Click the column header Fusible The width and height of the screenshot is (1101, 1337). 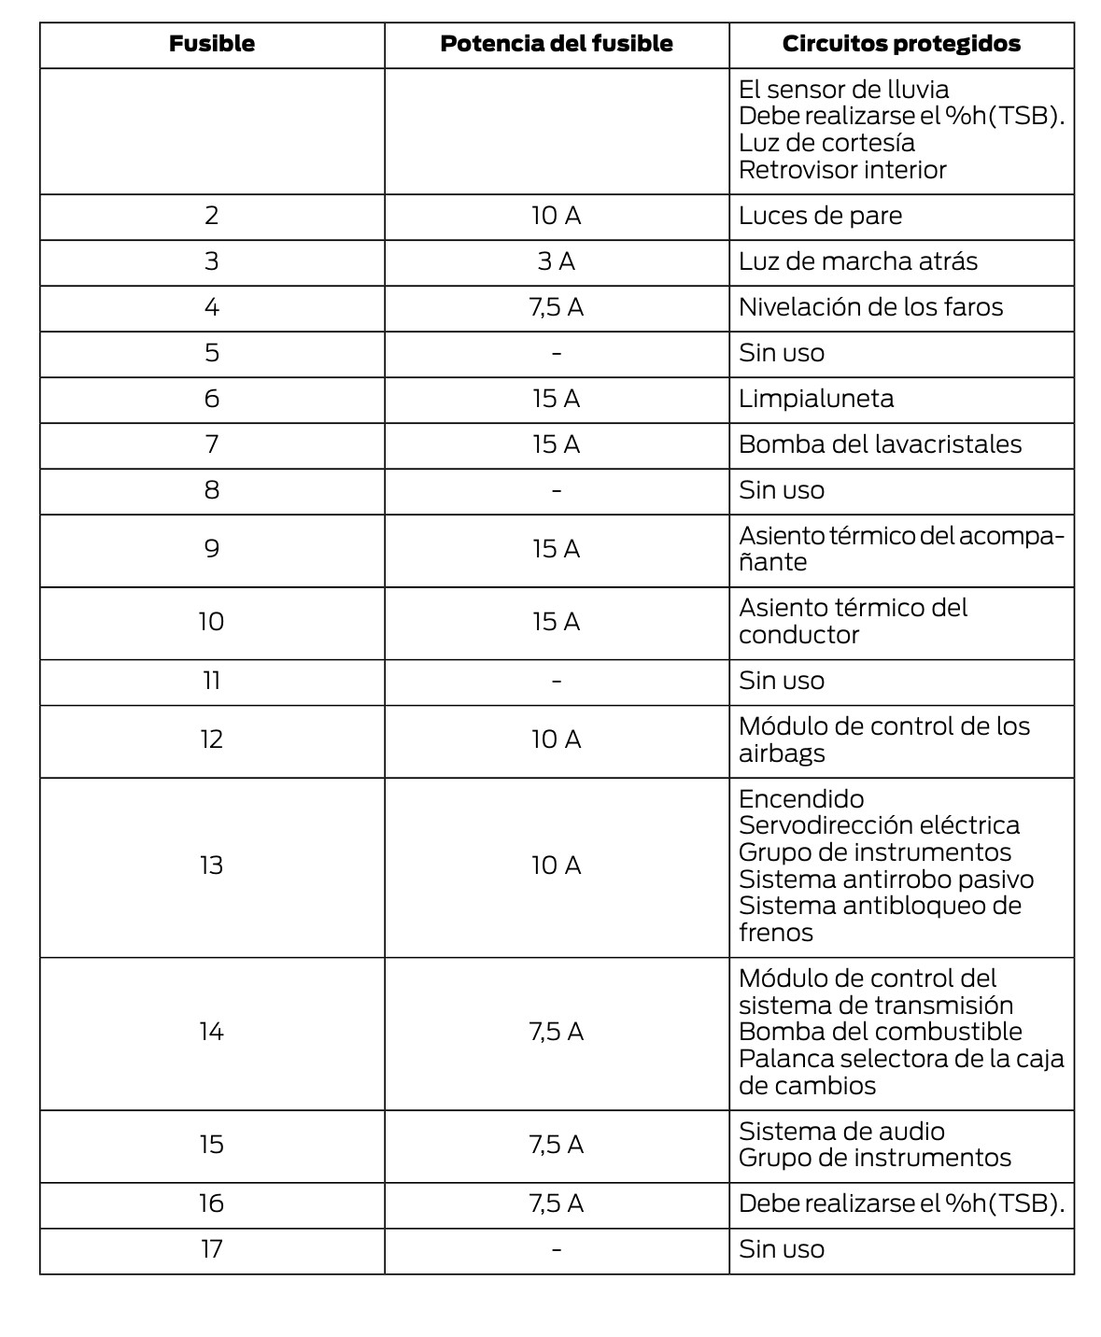pos(212,44)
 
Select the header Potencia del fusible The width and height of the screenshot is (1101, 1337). pos(557,44)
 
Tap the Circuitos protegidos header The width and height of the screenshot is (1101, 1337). pos(901,44)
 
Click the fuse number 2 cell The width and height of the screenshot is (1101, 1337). pos(212,216)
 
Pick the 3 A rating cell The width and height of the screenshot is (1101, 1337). pos(557,261)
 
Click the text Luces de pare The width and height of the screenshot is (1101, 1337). pos(820,216)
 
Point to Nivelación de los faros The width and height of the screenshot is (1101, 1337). pos(870,307)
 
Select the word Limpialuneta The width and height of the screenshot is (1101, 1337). pos(816,399)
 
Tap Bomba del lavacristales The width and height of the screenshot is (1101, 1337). pos(880,444)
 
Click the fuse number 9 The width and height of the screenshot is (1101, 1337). pos(212,549)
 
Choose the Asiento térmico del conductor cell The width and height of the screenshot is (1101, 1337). pos(853,621)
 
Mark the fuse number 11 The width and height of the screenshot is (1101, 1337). pos(212,681)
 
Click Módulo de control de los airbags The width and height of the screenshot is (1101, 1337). pos(883,739)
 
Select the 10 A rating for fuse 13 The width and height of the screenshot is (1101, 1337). pos(557,866)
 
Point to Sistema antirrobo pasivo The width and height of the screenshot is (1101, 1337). pos(886,880)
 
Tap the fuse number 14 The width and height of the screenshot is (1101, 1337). pos(212,1032)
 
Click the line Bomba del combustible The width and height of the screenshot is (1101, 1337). pos(880,1032)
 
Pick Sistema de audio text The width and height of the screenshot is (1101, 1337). pos(841,1132)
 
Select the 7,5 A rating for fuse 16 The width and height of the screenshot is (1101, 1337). pos(557,1203)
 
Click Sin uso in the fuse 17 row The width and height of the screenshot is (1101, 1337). pos(782,1249)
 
